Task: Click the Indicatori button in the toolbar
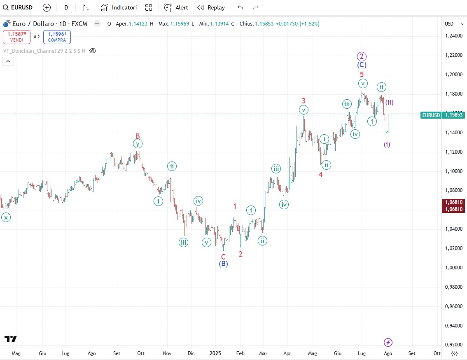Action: coord(119,7)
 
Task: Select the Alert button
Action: coord(176,7)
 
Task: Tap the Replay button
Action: coord(211,7)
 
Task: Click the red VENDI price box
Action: coord(16,37)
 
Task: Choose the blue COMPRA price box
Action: coord(56,37)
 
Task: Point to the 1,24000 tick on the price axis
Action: coord(453,36)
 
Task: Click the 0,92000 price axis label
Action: coord(453,345)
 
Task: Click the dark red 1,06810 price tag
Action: coord(453,206)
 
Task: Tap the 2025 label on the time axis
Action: coord(215,353)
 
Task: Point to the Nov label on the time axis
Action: coord(167,353)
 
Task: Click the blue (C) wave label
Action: coord(362,65)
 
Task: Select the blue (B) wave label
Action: coord(223,264)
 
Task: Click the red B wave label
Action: coord(138,136)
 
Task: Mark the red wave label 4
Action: coord(320,175)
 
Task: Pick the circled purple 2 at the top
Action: coord(362,56)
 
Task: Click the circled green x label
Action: coord(6,218)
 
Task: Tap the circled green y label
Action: coord(138,144)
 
